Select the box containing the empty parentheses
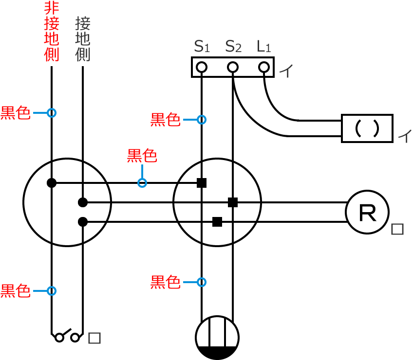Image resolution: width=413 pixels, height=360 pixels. click(367, 128)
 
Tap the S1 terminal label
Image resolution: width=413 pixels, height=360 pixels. click(202, 47)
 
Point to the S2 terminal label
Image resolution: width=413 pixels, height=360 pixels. click(233, 47)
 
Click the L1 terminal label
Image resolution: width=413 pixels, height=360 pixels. click(264, 47)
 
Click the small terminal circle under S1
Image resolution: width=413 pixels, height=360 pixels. click(202, 67)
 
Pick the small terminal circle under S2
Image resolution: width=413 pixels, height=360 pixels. click(233, 67)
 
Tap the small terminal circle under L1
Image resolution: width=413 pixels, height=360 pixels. click(264, 67)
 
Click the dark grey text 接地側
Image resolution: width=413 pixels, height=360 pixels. click(83, 39)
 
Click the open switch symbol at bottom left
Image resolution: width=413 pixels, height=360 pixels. click(67, 335)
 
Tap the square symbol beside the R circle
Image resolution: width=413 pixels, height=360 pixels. click(397, 229)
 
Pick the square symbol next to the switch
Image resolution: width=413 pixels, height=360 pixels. click(94, 338)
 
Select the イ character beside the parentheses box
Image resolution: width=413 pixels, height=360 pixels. click(403, 136)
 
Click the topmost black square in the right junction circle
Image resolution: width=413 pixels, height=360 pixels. click(202, 183)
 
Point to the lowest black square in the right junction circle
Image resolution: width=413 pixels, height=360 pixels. click(217, 222)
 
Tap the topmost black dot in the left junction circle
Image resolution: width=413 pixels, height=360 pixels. click(51, 183)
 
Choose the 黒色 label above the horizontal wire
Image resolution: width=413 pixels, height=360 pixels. click(142, 156)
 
